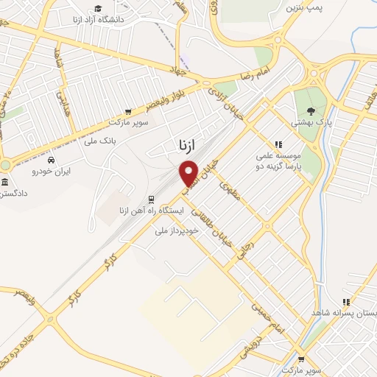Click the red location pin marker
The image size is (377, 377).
coord(189,172)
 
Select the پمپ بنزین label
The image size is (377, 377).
coord(305,7)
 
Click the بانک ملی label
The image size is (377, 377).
coord(101,140)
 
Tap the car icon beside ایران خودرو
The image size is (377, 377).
coord(50,161)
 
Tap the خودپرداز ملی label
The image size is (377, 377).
coord(176,231)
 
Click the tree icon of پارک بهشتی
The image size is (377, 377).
coord(304,105)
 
